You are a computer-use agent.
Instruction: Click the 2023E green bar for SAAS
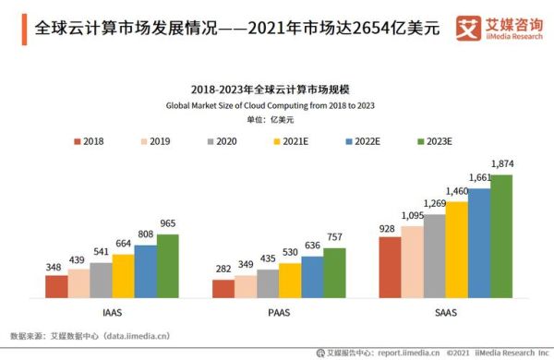pyautogui.click(x=501, y=235)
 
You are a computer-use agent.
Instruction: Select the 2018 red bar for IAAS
pyautogui.click(x=57, y=286)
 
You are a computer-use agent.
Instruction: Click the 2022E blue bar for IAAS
pyautogui.click(x=146, y=270)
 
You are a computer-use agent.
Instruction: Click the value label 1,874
pyautogui.click(x=502, y=164)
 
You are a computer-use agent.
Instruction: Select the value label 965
pyautogui.click(x=167, y=224)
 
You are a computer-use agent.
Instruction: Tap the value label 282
pyautogui.click(x=223, y=270)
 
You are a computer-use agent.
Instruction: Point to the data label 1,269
pyautogui.click(x=435, y=204)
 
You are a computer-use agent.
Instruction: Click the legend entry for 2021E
pyautogui.click(x=287, y=141)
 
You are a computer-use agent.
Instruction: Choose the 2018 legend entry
pyautogui.click(x=88, y=141)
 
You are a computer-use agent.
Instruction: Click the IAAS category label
pyautogui.click(x=112, y=312)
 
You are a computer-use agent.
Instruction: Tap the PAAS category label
pyautogui.click(x=279, y=312)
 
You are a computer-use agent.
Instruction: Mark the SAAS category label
pyautogui.click(x=445, y=312)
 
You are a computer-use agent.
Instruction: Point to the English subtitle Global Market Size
pyautogui.click(x=277, y=106)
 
